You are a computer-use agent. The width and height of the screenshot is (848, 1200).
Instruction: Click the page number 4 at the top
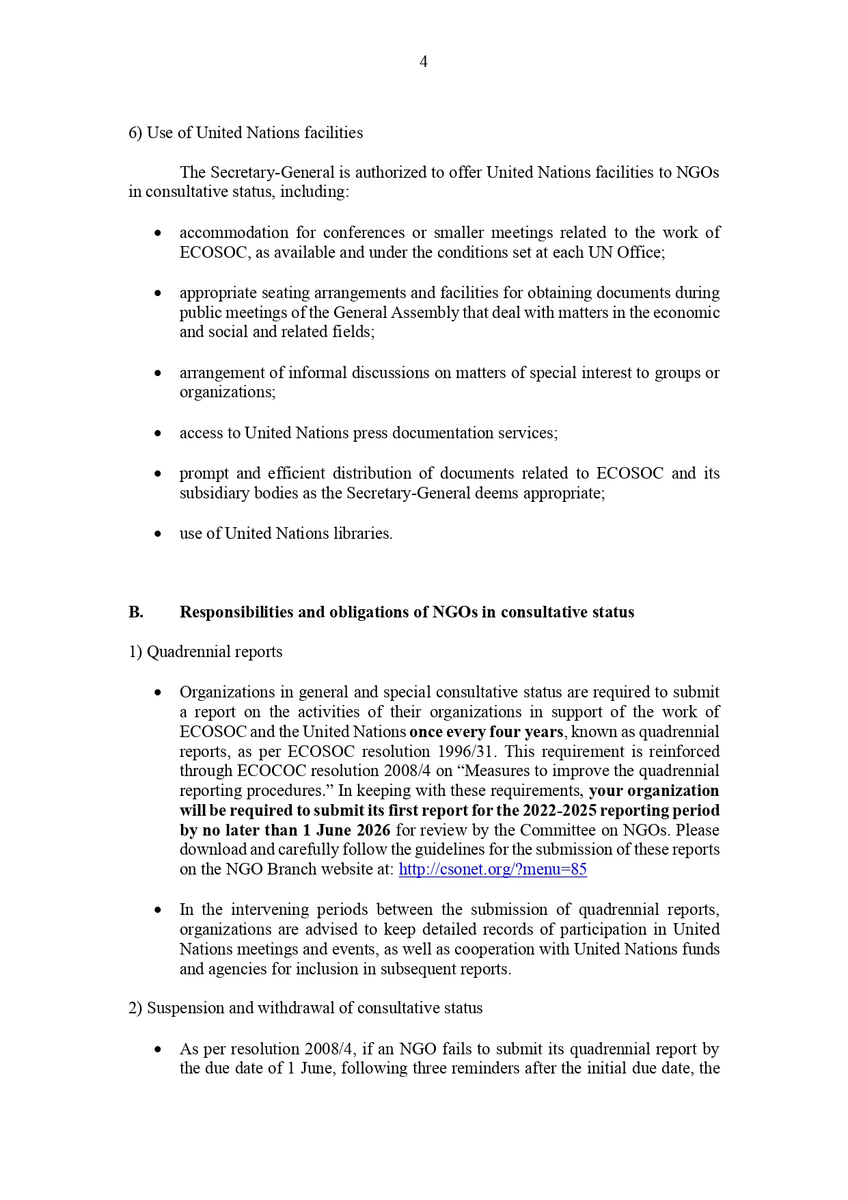coord(424,62)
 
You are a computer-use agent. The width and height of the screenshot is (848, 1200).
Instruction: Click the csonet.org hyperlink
coord(492,869)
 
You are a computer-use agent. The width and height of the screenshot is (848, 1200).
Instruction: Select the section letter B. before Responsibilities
coord(136,612)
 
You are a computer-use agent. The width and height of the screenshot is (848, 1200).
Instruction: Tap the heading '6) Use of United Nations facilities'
coord(245,133)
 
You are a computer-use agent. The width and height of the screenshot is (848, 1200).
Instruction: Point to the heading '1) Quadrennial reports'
coord(205,652)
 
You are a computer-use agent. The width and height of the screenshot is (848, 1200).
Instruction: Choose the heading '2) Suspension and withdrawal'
coord(305,1008)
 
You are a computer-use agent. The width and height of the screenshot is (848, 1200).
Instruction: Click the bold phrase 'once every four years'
coord(486,732)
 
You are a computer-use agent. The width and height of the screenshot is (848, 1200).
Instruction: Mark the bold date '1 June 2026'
coord(346,830)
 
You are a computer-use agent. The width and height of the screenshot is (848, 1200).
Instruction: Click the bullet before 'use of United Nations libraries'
coord(159,533)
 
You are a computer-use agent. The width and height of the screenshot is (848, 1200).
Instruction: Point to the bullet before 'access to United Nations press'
coord(159,433)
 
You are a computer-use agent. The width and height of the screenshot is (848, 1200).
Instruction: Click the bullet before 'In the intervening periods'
coord(159,910)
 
